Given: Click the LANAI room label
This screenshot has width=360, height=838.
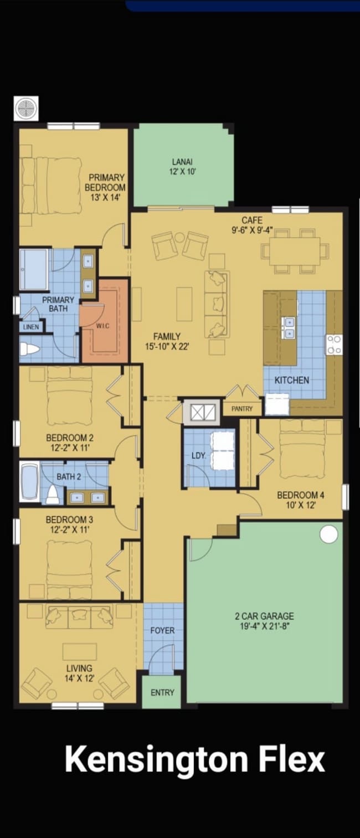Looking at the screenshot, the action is [182, 162].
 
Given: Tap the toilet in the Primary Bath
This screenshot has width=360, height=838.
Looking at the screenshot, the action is [29, 349].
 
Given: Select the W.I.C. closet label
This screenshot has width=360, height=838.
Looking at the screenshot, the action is [103, 326].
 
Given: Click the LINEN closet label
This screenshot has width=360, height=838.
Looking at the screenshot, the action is [30, 327].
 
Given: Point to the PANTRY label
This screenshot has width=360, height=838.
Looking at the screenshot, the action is [241, 409].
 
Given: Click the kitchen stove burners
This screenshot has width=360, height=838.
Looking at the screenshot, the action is [334, 345].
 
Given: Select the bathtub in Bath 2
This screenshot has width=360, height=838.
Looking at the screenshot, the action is [29, 482].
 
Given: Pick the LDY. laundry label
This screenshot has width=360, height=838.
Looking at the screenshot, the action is [199, 456].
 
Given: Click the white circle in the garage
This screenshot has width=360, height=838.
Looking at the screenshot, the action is [328, 534].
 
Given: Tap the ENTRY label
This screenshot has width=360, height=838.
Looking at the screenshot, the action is [162, 692].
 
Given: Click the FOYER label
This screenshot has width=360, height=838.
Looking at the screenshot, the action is [162, 630].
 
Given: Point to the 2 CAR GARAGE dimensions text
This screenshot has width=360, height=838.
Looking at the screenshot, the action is [264, 626].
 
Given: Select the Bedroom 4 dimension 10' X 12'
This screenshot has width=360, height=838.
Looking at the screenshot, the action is [301, 505].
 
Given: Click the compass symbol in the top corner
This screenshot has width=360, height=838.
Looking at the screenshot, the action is [26, 109].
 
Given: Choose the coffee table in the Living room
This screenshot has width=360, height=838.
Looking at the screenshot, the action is [80, 651].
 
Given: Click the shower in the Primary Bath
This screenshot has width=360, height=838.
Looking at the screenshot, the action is [34, 269].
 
